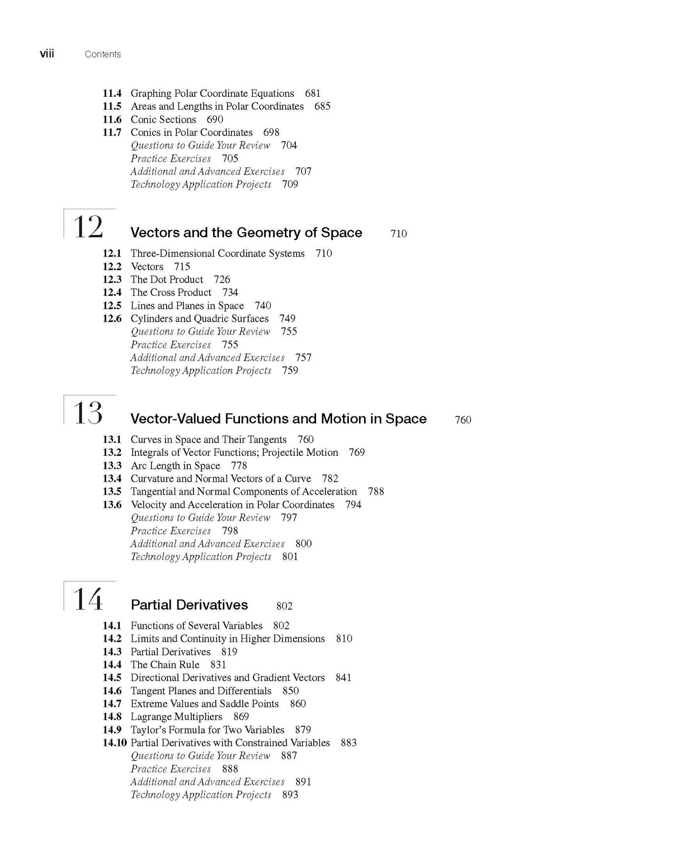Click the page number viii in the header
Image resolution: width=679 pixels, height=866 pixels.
coord(47,54)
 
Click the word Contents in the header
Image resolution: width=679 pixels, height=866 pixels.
coord(103,54)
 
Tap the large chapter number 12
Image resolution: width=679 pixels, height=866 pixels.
coord(88,228)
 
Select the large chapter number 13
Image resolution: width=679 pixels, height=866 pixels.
coord(88,414)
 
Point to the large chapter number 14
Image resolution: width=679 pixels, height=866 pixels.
coord(88,600)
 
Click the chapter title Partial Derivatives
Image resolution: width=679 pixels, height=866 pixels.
coord(189,605)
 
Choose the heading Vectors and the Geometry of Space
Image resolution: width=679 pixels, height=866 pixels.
coord(246,233)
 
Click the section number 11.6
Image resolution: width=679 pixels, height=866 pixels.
coord(112,119)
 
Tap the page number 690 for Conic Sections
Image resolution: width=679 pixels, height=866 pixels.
coord(215,119)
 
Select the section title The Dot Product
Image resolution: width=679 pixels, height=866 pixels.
coord(167,279)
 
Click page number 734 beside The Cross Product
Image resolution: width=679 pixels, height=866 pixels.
coord(230,292)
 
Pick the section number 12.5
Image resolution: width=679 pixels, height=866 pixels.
coord(112,305)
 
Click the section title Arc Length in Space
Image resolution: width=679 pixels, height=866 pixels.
coord(175,465)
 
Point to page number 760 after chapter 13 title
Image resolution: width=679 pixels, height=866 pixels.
coord(463,420)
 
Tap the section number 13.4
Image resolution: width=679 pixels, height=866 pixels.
coord(112,478)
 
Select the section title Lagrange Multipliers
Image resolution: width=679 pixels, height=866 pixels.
coord(176,717)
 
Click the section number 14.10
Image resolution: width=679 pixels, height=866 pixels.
coord(115,742)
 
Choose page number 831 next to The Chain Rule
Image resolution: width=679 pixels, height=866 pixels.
coord(218,665)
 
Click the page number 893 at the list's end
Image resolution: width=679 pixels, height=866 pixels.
coord(290,794)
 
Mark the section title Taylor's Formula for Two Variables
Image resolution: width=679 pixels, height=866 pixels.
coord(208,729)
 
